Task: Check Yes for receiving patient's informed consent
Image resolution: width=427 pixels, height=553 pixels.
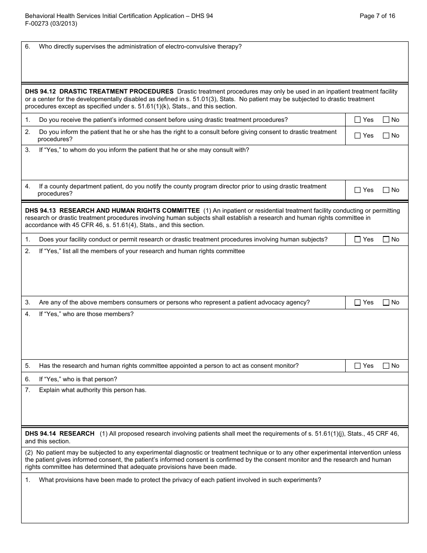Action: [x=358, y=120]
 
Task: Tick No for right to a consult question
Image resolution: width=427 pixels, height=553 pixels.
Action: [x=386, y=136]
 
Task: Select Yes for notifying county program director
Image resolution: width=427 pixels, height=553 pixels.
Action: [x=358, y=190]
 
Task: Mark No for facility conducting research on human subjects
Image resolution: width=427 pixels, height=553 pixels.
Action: [x=386, y=240]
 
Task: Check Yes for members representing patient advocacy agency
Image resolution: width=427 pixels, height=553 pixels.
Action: [x=358, y=303]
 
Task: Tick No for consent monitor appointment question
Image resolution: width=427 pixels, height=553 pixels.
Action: [x=386, y=366]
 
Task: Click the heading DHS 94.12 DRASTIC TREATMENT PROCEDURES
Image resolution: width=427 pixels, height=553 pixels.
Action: [x=99, y=91]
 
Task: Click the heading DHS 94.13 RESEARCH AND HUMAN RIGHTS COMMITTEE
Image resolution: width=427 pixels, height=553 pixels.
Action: [x=112, y=210]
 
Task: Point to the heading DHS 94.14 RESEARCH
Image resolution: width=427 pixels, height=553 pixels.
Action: [x=60, y=433]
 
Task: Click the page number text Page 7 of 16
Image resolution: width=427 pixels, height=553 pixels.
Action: [x=378, y=16]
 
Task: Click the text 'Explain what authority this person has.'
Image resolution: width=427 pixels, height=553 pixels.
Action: [x=93, y=390]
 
